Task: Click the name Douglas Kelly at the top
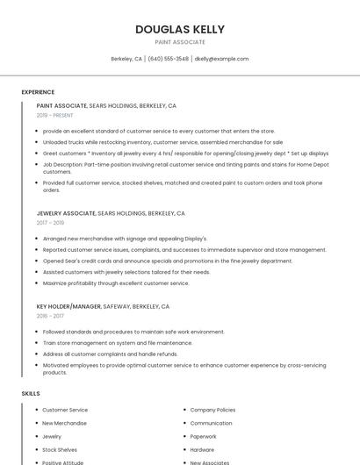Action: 179,29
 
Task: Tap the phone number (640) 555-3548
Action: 168,59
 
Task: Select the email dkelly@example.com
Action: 221,59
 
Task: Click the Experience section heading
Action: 38,91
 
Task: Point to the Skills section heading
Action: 31,393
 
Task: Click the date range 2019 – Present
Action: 54,115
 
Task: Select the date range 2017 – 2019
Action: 50,223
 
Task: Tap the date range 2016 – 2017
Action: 50,316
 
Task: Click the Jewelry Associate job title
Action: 66,213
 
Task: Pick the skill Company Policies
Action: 212,410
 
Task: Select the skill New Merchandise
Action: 64,423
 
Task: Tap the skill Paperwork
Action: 203,436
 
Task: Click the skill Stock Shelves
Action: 60,449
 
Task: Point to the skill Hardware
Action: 202,449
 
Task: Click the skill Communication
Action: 211,423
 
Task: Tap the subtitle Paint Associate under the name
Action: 179,42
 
